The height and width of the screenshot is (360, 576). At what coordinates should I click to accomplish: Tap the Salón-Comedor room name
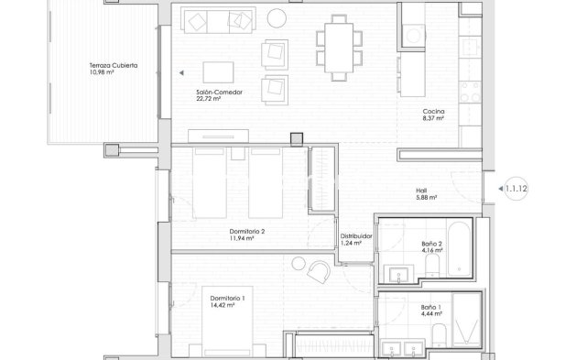[x=219, y=93]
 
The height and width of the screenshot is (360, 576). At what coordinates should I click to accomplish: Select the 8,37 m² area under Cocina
[x=432, y=119]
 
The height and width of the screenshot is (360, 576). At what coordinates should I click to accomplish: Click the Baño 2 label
[x=432, y=243]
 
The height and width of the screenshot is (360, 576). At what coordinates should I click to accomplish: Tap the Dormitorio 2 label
[x=247, y=232]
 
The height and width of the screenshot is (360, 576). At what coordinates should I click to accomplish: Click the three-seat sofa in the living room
[x=218, y=19]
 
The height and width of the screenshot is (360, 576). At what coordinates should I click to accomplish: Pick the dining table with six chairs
[x=334, y=40]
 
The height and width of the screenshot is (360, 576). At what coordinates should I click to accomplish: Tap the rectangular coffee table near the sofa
[x=219, y=72]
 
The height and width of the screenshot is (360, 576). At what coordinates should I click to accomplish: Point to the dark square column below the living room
[x=296, y=139]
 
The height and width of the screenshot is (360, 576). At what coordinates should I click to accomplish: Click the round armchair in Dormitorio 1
[x=321, y=271]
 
